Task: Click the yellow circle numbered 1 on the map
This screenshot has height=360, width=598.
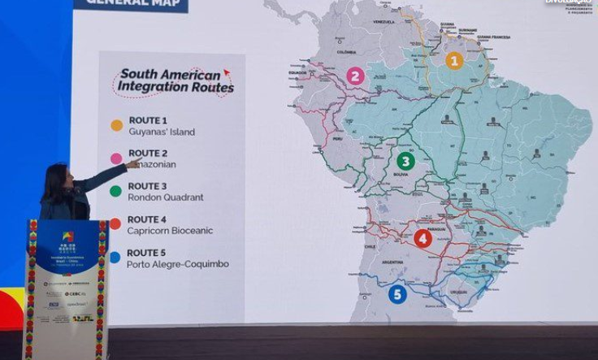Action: point(454,60)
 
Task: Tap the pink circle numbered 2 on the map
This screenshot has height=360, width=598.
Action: point(355,76)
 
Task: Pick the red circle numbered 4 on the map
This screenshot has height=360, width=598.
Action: point(422,238)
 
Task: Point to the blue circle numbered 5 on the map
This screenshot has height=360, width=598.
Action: point(397,294)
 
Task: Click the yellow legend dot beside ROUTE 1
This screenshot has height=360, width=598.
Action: point(116,125)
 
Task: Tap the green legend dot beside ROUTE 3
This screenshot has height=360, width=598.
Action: point(116,191)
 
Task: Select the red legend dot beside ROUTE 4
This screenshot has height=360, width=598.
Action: point(115,223)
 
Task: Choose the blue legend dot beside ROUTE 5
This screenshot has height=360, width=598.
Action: point(115,257)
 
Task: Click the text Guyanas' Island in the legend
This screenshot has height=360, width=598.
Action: point(161,132)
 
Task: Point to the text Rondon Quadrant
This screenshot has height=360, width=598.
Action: point(165,197)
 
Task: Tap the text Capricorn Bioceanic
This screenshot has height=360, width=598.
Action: point(170,231)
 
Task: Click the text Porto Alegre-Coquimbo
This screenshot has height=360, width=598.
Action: point(178,264)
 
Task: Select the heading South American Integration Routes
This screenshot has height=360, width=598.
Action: point(175,80)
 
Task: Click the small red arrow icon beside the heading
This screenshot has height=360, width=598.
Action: point(227,73)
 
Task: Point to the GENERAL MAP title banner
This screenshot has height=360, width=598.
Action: point(131,4)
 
